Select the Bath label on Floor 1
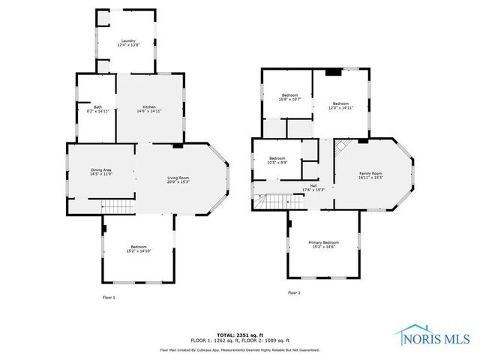97,109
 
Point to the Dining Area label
100,172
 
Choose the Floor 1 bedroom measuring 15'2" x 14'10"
139,248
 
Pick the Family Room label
370,175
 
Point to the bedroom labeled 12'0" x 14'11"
341,105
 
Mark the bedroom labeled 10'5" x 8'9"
277,160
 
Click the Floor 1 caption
109,298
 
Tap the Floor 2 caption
294,292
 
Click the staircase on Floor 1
116,205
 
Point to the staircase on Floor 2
273,201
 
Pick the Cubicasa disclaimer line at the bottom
239,349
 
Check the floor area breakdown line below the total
239,340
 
